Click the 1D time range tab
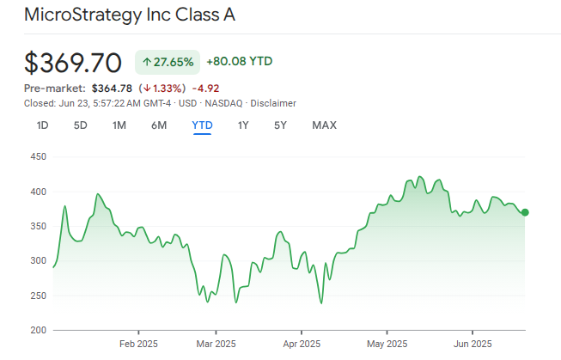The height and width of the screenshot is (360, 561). click(x=42, y=125)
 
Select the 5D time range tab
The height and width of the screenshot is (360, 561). click(x=80, y=125)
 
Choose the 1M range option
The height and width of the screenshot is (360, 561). click(x=119, y=125)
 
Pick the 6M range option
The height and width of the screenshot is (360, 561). click(x=159, y=125)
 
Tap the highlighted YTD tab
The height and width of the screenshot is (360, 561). click(x=202, y=125)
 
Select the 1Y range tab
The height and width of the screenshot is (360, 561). click(x=243, y=125)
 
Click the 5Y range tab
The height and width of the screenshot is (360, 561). click(x=280, y=125)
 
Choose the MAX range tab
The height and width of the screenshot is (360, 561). click(x=324, y=125)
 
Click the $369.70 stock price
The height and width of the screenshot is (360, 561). click(x=73, y=63)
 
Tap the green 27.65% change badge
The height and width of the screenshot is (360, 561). click(x=168, y=62)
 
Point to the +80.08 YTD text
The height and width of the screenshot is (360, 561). click(x=240, y=62)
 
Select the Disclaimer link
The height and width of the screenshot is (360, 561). click(x=273, y=103)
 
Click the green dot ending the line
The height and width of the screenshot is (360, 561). click(x=525, y=212)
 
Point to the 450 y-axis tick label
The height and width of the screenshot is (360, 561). click(x=36, y=157)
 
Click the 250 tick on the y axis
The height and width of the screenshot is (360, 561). click(x=36, y=296)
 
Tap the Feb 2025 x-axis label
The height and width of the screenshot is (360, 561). click(x=138, y=344)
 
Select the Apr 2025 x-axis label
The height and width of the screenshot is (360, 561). click(x=302, y=344)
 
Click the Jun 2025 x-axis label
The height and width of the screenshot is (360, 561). click(x=472, y=344)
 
